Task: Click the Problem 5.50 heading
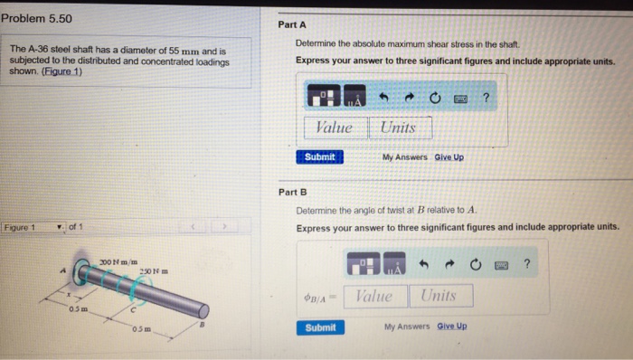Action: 36,19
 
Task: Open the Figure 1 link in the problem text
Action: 61,71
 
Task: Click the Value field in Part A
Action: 335,128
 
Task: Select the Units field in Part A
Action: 401,128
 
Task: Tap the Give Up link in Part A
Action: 449,157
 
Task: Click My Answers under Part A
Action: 404,157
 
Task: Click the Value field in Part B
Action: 375,296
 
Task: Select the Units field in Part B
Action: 441,296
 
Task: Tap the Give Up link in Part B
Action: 452,326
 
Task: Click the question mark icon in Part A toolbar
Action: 487,98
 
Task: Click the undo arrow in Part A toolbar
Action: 383,98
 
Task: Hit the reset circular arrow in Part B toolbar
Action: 476,264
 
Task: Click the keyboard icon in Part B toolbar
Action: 501,265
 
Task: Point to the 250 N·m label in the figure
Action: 154,271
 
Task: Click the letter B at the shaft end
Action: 203,324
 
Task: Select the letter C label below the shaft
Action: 133,310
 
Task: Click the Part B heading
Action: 293,192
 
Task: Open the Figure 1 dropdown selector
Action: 33,227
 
